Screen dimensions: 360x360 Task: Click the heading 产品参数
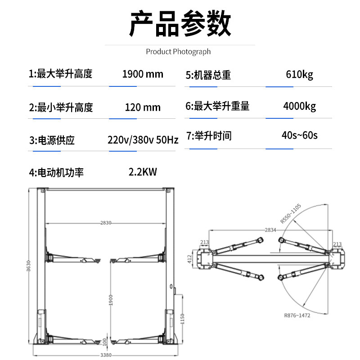[180, 23]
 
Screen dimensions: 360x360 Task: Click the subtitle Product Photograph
[178, 52]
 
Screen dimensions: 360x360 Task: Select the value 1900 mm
[143, 74]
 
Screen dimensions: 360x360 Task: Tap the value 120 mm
[143, 107]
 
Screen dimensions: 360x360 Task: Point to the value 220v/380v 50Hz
[143, 140]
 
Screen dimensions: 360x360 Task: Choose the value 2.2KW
[143, 172]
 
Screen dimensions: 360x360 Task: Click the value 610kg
[299, 75]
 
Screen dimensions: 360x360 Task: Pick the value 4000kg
[299, 106]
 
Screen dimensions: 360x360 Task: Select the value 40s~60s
[299, 135]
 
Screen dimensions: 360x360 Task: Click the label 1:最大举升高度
[60, 74]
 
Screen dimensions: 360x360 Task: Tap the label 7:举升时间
[209, 136]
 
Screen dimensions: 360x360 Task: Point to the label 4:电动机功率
[56, 173]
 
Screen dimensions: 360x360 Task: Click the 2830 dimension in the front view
[106, 223]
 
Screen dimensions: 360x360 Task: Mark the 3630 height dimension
[28, 266]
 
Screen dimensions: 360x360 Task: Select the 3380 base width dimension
[106, 355]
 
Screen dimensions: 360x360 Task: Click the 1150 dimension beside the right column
[182, 319]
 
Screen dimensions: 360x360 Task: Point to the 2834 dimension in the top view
[270, 230]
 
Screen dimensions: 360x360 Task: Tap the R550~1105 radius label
[290, 213]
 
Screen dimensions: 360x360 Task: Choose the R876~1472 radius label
[297, 315]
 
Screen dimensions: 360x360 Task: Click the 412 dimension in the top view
[189, 259]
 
